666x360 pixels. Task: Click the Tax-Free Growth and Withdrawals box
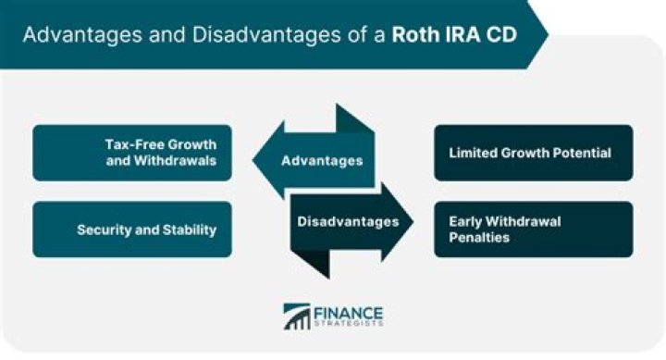pyautogui.click(x=131, y=153)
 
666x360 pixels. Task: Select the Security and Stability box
pyautogui.click(x=131, y=229)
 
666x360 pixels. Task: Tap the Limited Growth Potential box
pyautogui.click(x=534, y=153)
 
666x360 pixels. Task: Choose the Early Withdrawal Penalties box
pyautogui.click(x=534, y=229)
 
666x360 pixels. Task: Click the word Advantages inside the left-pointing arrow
pyautogui.click(x=321, y=161)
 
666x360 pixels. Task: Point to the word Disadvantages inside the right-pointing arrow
pyautogui.click(x=348, y=221)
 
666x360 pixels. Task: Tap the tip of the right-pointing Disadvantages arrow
pyautogui.click(x=412, y=222)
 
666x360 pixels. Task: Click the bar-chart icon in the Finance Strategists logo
pyautogui.click(x=297, y=317)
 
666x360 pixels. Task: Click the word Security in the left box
pyautogui.click(x=106, y=229)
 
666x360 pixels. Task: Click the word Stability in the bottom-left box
pyautogui.click(x=188, y=229)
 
